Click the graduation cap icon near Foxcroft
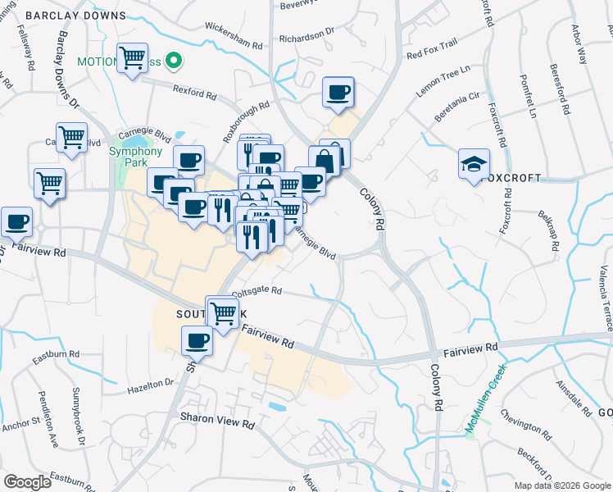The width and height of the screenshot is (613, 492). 474,165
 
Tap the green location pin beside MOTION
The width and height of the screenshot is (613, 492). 173,61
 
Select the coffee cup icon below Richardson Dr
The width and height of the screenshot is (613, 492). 338,93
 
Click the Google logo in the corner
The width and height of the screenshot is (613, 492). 28,482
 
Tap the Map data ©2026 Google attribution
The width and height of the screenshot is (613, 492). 561,485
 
